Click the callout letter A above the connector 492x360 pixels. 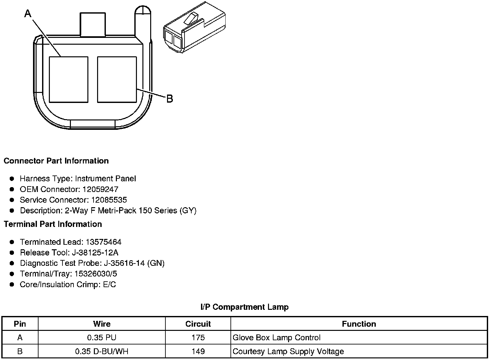(x=28, y=14)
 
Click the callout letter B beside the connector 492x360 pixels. (x=170, y=99)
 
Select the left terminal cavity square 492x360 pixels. (x=69, y=80)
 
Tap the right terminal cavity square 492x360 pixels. (x=117, y=80)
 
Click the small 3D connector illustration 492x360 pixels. (x=194, y=27)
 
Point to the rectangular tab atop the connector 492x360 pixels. (x=93, y=24)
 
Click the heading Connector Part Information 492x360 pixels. (x=56, y=161)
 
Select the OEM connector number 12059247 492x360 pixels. (x=100, y=189)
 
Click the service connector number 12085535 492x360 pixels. (x=109, y=200)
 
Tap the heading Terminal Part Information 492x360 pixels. (x=53, y=224)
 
